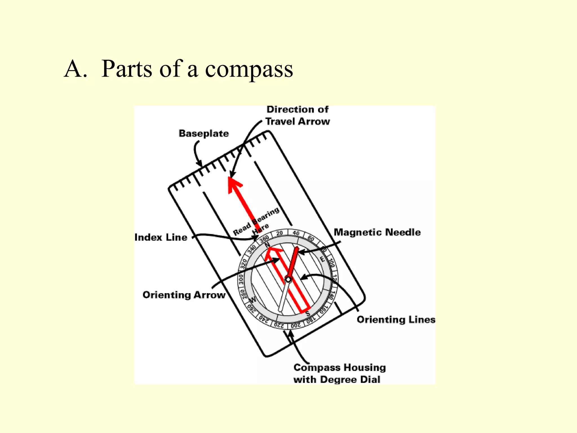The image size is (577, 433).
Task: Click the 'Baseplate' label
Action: (x=204, y=133)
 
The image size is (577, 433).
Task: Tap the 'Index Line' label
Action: (x=161, y=237)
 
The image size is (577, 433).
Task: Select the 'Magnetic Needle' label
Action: (x=377, y=232)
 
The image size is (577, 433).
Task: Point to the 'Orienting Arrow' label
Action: (x=184, y=295)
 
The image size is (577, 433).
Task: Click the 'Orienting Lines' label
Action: (x=396, y=319)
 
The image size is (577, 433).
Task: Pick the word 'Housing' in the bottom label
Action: (x=365, y=367)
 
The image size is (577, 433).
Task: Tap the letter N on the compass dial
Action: (x=267, y=244)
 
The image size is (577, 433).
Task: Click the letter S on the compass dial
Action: (x=308, y=313)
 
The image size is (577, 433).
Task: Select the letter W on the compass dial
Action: (x=253, y=299)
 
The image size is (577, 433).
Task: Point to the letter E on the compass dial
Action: (x=323, y=259)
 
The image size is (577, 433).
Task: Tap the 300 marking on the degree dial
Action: (x=241, y=279)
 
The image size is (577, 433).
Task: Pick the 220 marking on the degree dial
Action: (x=279, y=325)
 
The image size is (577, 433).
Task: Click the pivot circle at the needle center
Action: (x=288, y=279)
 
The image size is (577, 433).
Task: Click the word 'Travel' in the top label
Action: (x=281, y=121)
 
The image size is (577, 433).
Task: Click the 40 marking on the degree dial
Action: (x=296, y=233)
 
